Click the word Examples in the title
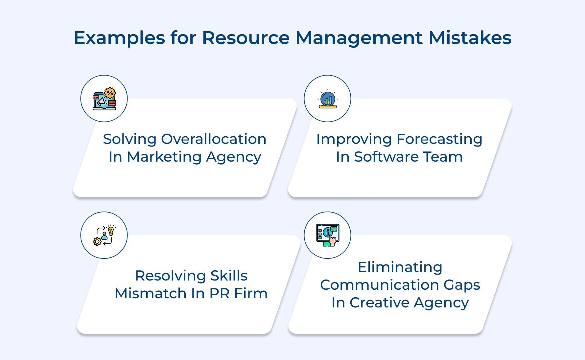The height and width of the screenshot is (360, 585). pyautogui.click(x=119, y=38)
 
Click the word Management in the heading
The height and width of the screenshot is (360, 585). pyautogui.click(x=359, y=38)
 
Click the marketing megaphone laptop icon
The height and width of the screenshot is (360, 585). pyautogui.click(x=104, y=99)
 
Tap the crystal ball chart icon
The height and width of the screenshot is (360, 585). pyautogui.click(x=328, y=99)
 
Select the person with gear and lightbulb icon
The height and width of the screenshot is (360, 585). pyautogui.click(x=104, y=236)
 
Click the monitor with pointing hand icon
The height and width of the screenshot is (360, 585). pyautogui.click(x=328, y=235)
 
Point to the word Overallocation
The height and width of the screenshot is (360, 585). pyautogui.click(x=214, y=139)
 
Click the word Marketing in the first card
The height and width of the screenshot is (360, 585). pyautogui.click(x=164, y=157)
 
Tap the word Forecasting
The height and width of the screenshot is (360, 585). pyautogui.click(x=439, y=139)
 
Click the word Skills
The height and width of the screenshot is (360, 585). pyautogui.click(x=229, y=276)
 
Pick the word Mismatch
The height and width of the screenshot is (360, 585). pyautogui.click(x=151, y=294)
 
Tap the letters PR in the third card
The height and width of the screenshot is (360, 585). pyautogui.click(x=219, y=294)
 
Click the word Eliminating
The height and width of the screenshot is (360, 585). pyautogui.click(x=400, y=267)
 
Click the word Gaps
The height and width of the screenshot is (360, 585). pyautogui.click(x=462, y=285)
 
